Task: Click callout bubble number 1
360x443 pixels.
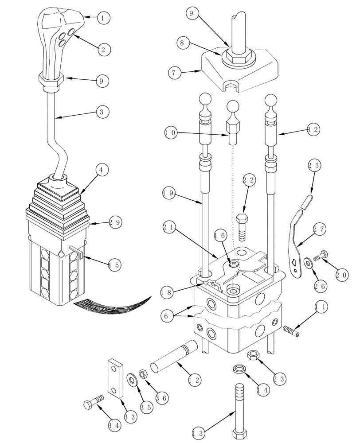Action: click(103, 18)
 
